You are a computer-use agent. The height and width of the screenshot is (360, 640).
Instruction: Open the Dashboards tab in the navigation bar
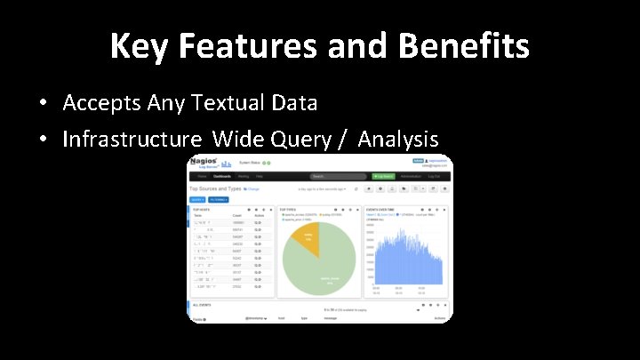221,176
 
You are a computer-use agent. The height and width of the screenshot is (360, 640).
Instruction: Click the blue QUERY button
196,199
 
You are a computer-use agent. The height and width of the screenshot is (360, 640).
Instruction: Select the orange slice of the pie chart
308,238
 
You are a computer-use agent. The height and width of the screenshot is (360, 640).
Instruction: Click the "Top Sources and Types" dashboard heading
216,188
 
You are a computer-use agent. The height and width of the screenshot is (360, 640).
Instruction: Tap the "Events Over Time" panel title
383,210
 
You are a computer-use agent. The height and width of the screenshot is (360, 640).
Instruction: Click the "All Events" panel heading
203,303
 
